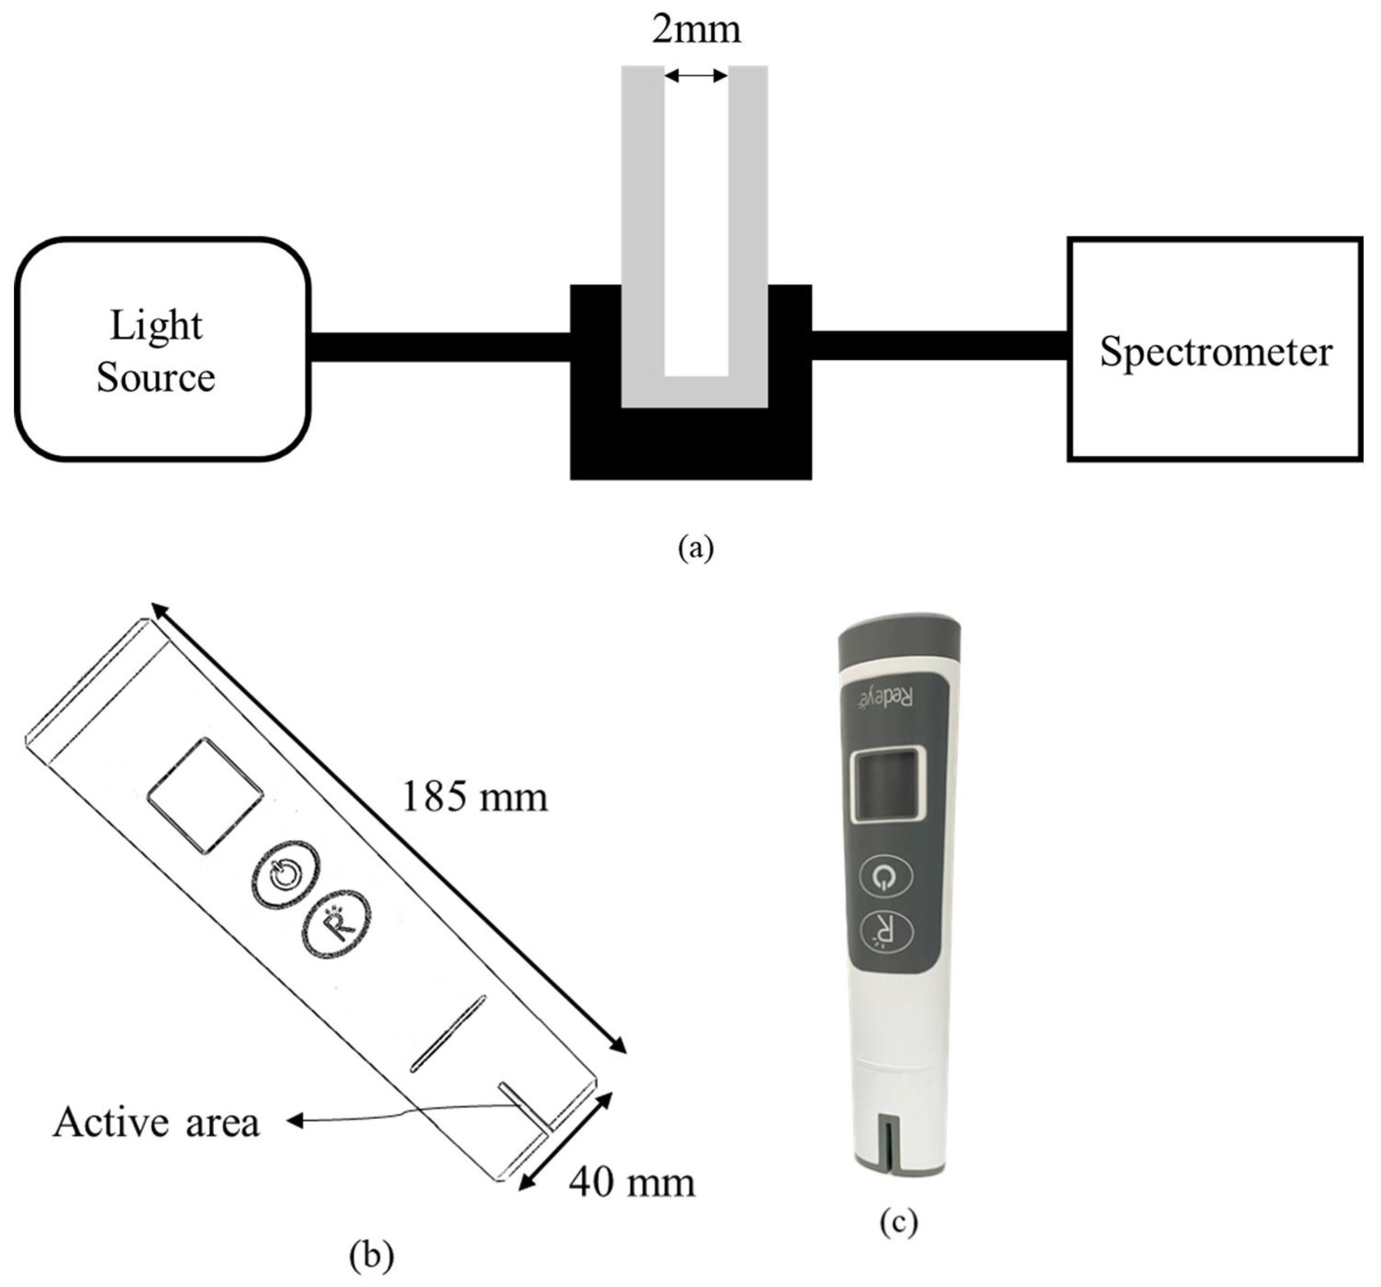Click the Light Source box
tap(162, 349)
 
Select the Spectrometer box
tap(1214, 349)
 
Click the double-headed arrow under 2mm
tap(696, 76)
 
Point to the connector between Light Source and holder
tap(440, 346)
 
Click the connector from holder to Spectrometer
tap(939, 346)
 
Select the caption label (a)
tap(696, 547)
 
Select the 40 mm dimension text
tap(631, 1182)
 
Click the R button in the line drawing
tap(336, 924)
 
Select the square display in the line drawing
tap(205, 795)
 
